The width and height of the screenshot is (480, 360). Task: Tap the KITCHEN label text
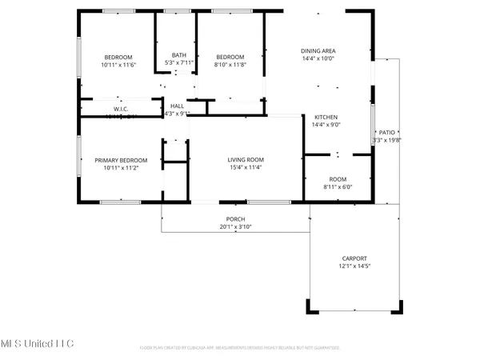326,117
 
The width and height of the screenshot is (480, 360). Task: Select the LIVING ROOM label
247,160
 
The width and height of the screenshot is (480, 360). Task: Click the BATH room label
178,55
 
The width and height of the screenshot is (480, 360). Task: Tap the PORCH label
235,219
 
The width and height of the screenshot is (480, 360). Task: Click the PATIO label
387,133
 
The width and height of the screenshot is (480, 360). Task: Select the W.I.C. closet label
122,109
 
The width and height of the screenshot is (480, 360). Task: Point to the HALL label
177,106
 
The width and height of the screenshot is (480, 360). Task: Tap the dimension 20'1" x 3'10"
235,227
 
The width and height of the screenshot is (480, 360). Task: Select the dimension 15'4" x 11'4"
247,168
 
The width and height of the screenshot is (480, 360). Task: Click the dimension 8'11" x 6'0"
338,187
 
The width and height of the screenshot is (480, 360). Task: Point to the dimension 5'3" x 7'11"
178,62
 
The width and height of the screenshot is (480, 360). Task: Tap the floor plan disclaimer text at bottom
240,348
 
